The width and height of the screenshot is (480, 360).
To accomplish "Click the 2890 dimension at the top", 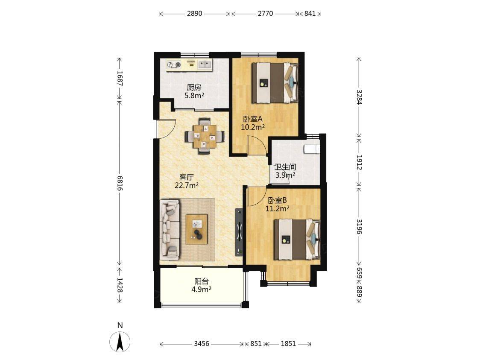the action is [195, 14].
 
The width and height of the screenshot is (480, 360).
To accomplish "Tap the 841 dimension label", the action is [310, 14].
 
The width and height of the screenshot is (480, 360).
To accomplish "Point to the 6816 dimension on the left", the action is [120, 183].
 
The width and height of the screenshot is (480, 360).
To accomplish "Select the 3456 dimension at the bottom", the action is [202, 344].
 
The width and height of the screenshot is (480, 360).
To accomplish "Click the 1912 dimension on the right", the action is [360, 163].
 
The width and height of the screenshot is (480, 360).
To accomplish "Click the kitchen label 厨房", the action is [194, 88].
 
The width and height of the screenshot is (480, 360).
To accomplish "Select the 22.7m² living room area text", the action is [187, 185].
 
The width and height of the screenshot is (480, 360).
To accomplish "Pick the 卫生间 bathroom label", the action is [285, 167].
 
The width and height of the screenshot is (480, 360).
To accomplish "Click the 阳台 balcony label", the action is [202, 281].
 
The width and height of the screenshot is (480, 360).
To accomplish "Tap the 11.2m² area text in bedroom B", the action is [277, 209].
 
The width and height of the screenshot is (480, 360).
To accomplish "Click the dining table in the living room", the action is [204, 136].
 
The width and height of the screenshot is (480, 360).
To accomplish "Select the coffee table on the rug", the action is [196, 229].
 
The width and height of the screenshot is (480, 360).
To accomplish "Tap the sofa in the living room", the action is [170, 228].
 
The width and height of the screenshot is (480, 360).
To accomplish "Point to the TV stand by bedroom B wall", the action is [239, 232].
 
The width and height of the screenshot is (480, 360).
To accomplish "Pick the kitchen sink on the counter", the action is [205, 64].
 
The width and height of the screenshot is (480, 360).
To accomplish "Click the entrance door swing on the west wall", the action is [165, 129].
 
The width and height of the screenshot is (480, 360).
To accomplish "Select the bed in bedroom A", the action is [275, 83].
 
